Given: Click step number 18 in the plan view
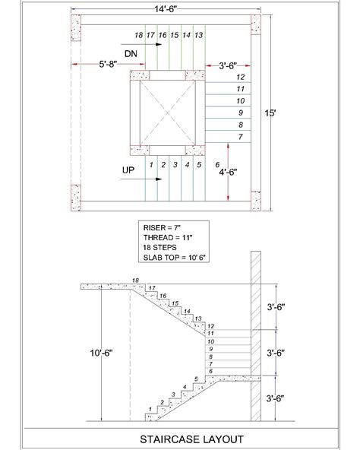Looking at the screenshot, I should point(137,36).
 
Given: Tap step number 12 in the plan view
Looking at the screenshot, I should point(240,77).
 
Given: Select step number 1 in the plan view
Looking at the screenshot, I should point(152,163).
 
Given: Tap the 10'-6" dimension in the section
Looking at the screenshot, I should point(101,353).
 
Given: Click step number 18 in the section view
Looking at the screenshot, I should point(135,280).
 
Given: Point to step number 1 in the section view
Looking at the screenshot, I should point(152,410).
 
